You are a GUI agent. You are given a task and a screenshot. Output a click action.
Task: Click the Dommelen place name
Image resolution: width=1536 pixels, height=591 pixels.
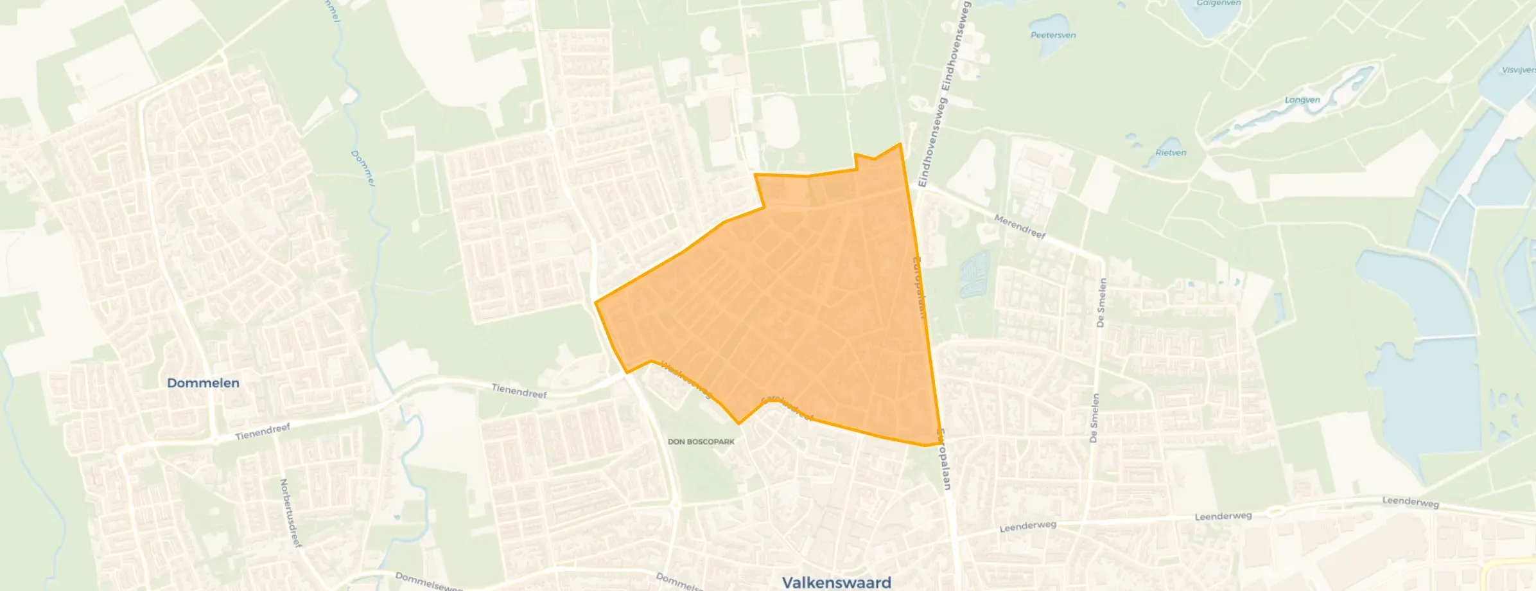(203, 383)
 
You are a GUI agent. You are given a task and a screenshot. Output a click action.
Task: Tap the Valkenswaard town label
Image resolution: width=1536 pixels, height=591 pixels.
(836, 582)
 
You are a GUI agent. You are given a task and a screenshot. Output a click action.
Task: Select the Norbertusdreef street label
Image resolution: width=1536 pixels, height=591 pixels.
(290, 513)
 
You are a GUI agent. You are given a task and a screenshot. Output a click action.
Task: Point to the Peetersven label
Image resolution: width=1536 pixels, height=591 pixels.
(1053, 35)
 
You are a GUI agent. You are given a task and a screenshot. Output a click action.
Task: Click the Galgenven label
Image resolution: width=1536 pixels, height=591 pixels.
(1218, 3)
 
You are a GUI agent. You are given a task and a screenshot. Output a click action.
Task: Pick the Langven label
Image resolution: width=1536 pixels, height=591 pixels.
(1302, 100)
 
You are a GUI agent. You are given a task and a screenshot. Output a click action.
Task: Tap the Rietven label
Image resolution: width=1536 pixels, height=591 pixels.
(1171, 153)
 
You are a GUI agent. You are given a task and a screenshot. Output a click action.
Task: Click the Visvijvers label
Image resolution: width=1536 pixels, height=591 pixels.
(1519, 70)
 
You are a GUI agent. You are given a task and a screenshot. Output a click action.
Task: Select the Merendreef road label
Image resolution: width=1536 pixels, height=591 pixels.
(1020, 227)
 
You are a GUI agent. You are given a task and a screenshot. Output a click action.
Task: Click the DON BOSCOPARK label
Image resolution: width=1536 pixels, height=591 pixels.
(701, 442)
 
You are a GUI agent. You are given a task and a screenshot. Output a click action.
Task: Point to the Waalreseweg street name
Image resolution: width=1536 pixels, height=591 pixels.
(686, 380)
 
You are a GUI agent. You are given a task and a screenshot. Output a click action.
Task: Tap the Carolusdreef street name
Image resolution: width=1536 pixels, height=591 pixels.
(787, 408)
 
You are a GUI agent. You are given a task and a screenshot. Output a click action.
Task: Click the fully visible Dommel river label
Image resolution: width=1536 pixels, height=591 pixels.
(363, 168)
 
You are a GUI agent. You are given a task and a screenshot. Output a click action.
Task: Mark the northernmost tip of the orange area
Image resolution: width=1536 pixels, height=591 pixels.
(900, 144)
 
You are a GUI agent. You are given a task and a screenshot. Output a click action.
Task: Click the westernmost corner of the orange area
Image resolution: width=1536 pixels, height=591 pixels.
(596, 302)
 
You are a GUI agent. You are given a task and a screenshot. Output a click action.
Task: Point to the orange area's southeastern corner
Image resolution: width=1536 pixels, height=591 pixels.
(940, 443)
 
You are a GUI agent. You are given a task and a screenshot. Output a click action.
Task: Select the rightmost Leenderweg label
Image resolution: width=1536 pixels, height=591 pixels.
(1410, 502)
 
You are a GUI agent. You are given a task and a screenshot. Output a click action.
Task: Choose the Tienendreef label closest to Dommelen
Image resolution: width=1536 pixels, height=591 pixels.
(263, 431)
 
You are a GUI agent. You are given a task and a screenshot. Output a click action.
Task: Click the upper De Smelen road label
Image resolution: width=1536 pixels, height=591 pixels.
(1101, 303)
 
